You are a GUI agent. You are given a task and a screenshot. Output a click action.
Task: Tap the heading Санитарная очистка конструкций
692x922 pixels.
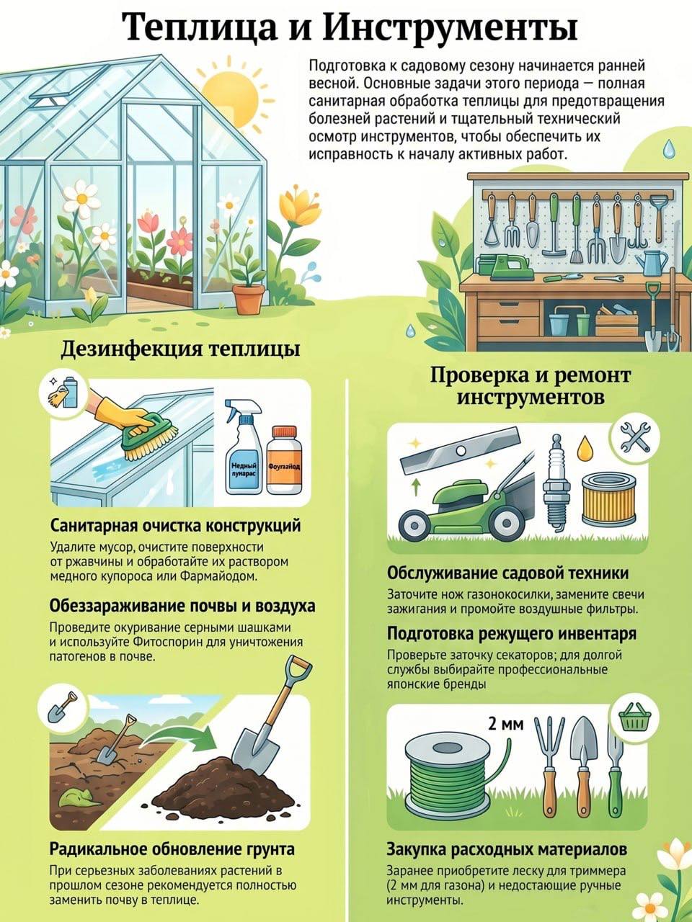pos(175,526)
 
